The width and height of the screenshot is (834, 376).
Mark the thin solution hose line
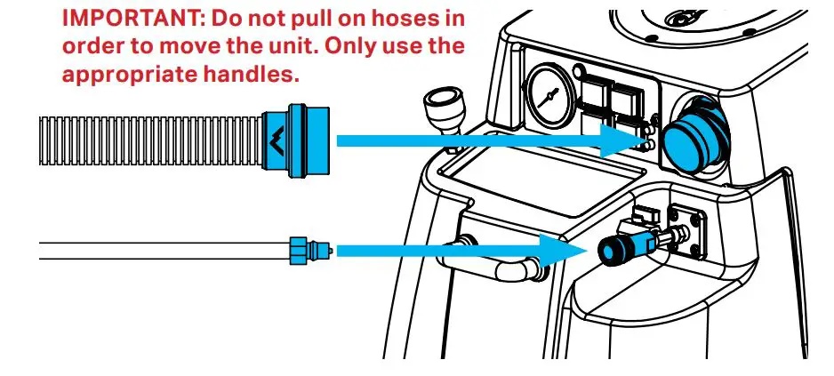(x=160, y=250)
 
